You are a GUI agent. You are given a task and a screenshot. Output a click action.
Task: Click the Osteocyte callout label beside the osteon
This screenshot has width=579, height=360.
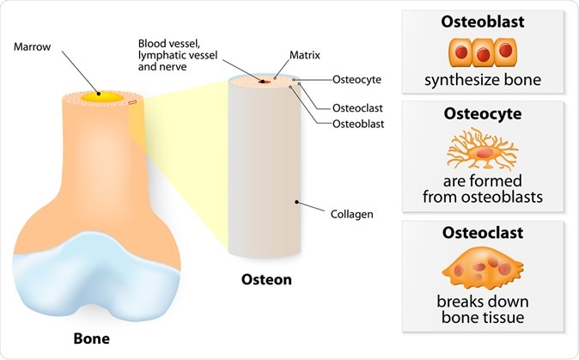click(356, 79)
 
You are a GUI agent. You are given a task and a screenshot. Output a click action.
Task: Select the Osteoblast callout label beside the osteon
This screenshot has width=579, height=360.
click(359, 124)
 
